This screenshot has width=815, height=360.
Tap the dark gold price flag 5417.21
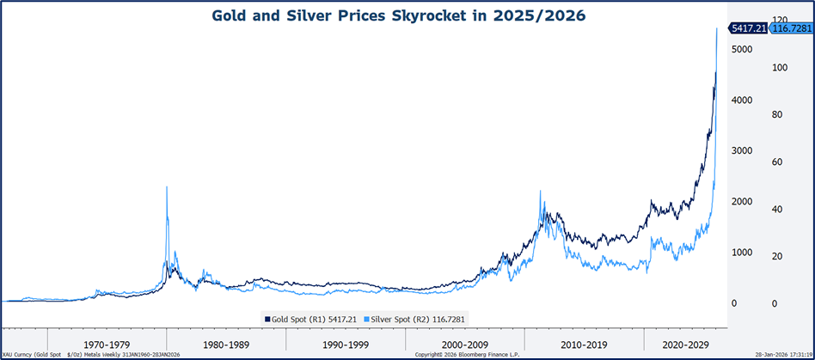click(x=748, y=28)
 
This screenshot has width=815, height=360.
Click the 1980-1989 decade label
click(x=226, y=343)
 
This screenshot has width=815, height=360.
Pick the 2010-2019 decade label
click(x=584, y=343)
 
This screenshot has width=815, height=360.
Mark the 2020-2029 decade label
click(x=685, y=343)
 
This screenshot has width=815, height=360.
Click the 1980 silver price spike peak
click(x=166, y=187)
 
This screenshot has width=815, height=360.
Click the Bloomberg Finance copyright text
click(x=466, y=354)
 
